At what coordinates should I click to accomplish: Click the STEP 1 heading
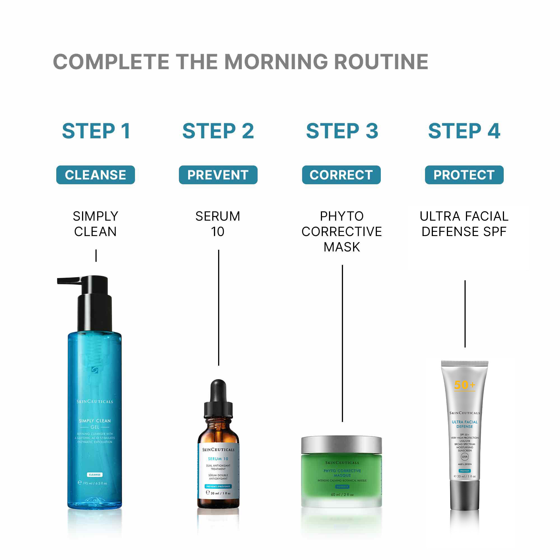96,131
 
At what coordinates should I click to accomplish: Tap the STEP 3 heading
342,131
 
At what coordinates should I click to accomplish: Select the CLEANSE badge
95,175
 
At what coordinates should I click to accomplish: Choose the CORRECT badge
341,175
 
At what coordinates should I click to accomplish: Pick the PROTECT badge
464,175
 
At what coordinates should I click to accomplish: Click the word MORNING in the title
276,62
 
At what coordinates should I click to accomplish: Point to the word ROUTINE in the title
381,62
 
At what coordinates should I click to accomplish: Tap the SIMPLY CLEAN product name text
95,224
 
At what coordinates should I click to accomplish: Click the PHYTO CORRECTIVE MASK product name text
342,231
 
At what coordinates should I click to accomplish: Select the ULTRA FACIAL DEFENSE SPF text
464,224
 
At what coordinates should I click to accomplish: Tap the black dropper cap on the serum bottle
218,400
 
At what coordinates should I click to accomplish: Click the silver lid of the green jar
341,445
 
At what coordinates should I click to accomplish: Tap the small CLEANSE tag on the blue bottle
95,475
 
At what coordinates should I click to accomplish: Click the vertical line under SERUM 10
219,307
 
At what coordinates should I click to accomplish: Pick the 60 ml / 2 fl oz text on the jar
342,494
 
